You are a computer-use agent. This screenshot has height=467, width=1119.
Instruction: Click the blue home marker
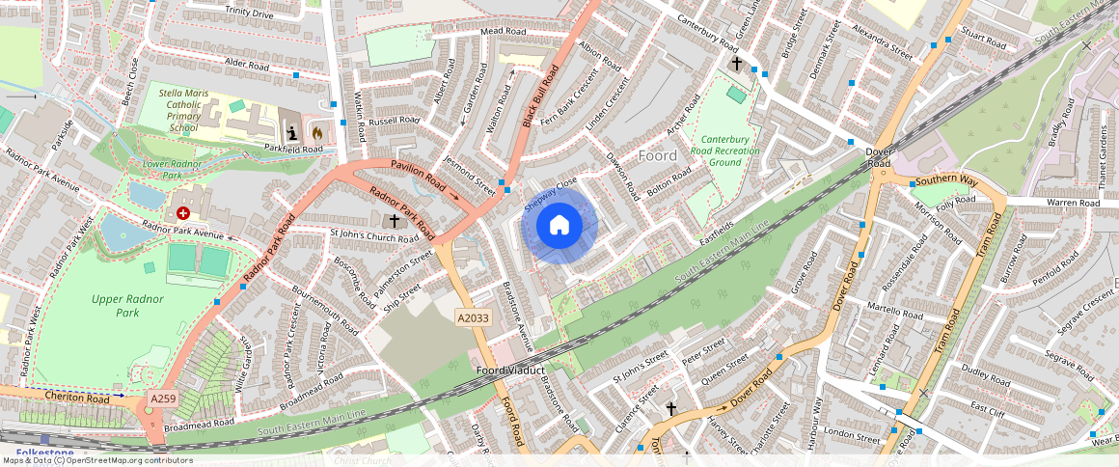(559, 226)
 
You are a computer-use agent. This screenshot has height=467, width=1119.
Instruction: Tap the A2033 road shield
(474, 316)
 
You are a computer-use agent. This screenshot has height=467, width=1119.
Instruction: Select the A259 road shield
(163, 398)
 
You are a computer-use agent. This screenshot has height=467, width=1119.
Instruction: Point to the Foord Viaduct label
(510, 371)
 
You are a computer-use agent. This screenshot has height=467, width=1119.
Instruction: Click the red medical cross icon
(183, 211)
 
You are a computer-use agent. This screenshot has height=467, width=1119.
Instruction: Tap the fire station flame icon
(317, 130)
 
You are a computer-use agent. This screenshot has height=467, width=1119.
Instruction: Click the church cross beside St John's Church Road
(395, 221)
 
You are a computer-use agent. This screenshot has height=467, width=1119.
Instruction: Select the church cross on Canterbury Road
(737, 64)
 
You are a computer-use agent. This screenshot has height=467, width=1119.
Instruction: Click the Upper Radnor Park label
(128, 306)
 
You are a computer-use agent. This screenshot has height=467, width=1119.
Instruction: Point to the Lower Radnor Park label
(143, 170)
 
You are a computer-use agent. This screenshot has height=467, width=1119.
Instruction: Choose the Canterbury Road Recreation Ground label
(724, 151)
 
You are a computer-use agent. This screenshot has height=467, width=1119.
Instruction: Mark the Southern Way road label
(946, 180)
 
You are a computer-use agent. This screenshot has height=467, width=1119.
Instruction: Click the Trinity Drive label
(249, 13)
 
